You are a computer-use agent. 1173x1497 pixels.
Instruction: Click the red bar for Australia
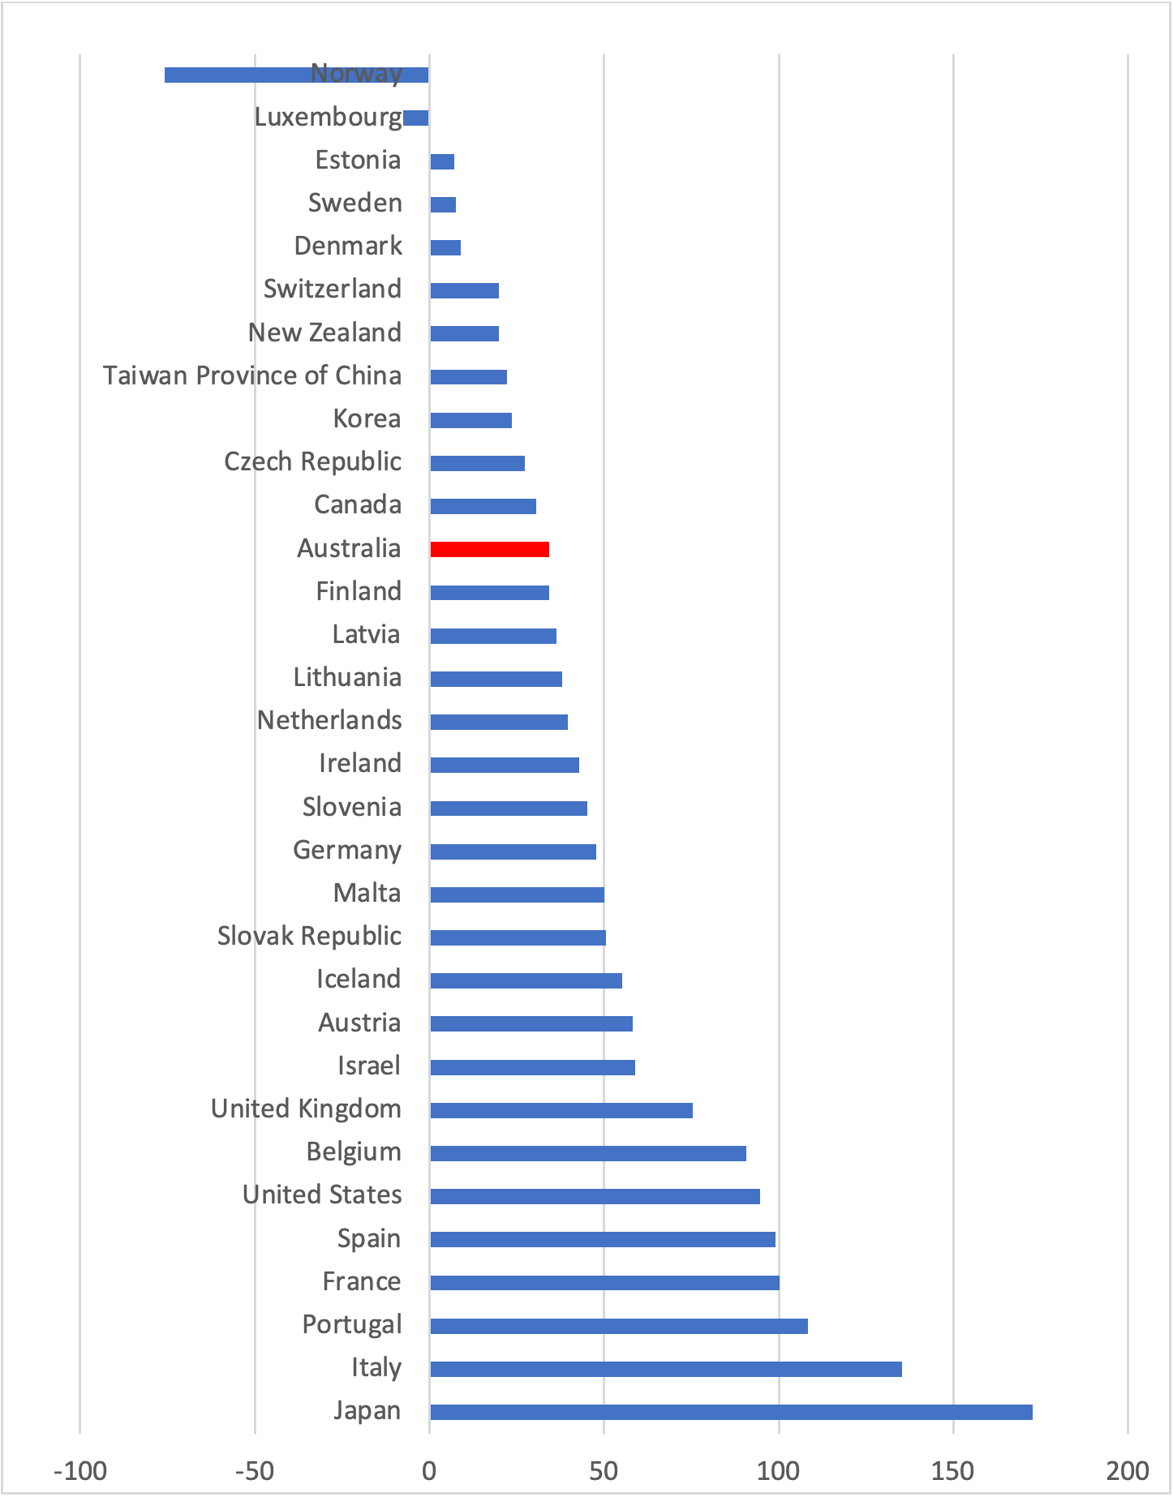point(489,549)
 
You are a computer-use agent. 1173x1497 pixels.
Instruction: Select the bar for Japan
point(730,1412)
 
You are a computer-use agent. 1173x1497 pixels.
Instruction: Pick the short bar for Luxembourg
point(416,118)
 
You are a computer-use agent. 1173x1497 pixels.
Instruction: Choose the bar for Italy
point(665,1369)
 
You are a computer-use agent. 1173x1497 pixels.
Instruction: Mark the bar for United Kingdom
point(561,1110)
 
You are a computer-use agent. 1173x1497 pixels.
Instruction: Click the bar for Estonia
point(442,161)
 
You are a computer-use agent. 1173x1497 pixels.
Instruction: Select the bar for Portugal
point(618,1326)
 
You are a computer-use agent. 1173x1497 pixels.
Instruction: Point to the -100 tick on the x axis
point(80,1470)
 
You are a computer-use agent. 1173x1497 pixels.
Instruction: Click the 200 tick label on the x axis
point(1128,1470)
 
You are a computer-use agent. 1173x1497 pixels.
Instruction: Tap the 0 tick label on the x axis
point(429,1470)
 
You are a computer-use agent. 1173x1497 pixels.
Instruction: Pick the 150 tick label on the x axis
point(953,1470)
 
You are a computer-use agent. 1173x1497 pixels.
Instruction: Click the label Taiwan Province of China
point(252,375)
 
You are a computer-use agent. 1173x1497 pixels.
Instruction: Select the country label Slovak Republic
point(309,936)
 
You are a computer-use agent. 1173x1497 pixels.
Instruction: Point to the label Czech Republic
point(312,461)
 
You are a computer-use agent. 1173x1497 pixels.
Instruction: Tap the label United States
point(322,1195)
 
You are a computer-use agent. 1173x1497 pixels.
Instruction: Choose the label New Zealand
point(324,332)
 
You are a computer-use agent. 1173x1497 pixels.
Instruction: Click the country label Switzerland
point(333,289)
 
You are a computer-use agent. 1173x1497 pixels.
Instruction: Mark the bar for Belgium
point(587,1153)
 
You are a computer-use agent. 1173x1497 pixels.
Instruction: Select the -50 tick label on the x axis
point(254,1470)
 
